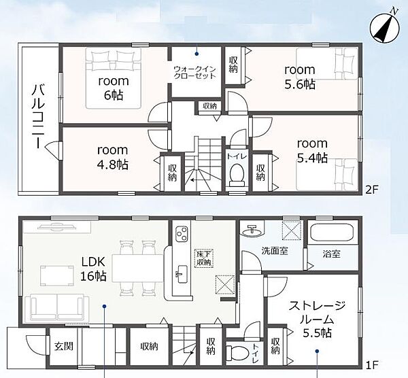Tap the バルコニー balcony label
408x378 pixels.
coord(38,116)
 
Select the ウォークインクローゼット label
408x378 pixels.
coord(194,73)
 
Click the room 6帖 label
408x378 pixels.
coord(114,88)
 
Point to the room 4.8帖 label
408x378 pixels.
coord(113,157)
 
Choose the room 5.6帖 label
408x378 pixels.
coord(300,77)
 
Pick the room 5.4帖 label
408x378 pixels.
coord(312,151)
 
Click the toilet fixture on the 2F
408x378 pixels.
coord(237,175)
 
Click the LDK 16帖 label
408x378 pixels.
coord(93,269)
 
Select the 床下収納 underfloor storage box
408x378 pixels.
coord(204,258)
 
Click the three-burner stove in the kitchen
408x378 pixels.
coord(182,234)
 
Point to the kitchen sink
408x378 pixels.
coord(182,275)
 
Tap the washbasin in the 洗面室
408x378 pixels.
coord(252,230)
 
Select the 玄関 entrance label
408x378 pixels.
coord(64,346)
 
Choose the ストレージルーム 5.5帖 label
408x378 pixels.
coord(317,319)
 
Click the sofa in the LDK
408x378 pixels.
coord(57,307)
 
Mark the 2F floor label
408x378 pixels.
coord(371,190)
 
